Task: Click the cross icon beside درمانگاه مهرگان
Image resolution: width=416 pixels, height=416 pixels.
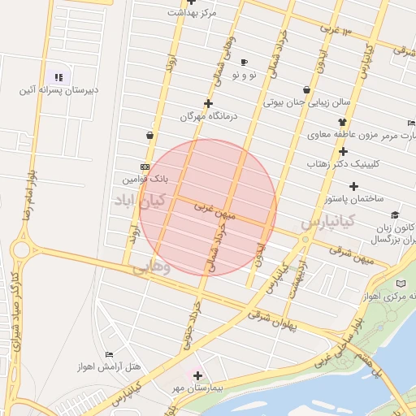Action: (209, 103)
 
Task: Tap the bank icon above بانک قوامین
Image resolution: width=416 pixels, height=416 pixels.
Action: (145, 167)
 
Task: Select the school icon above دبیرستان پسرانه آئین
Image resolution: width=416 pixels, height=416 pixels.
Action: (58, 76)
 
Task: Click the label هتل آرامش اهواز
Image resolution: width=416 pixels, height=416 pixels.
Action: (106, 367)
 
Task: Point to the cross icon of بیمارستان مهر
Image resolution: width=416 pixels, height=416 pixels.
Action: (197, 375)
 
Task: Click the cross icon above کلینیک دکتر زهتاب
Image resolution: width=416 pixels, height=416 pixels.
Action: (343, 151)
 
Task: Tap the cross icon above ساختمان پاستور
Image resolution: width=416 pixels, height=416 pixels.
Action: (353, 186)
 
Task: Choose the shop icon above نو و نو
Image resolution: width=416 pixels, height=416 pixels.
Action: (244, 63)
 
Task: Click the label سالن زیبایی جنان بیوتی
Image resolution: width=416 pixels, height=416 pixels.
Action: (306, 103)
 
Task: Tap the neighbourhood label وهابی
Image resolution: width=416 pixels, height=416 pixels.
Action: (151, 265)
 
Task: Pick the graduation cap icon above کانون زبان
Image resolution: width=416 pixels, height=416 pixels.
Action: (395, 215)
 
